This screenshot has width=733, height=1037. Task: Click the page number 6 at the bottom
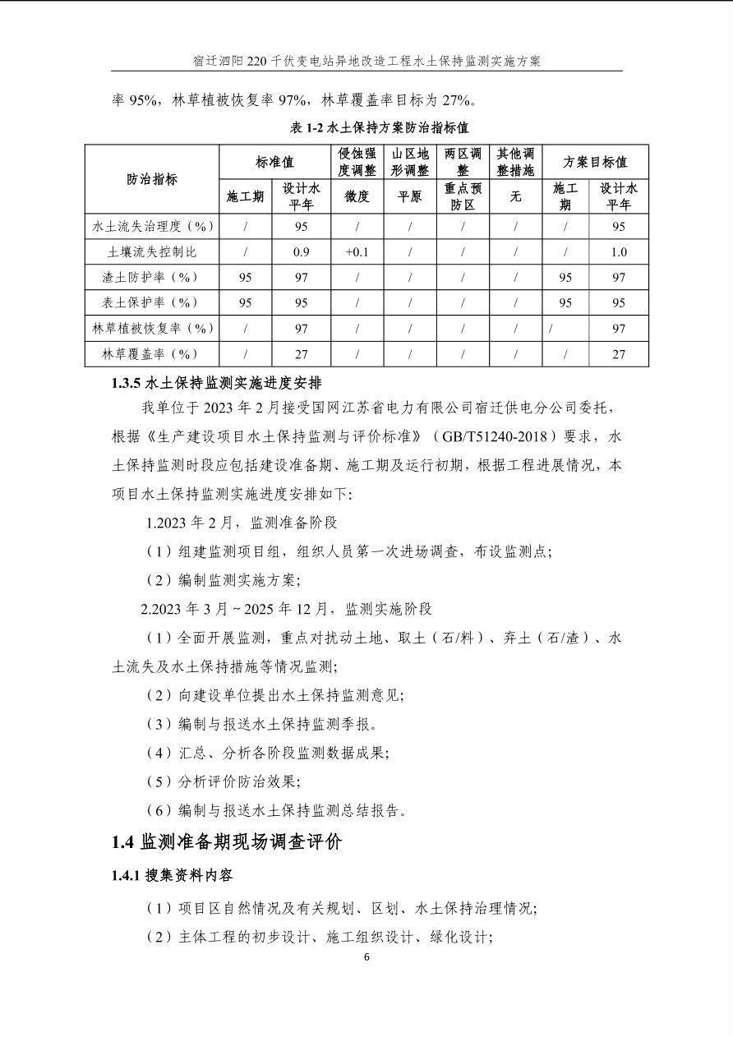pyautogui.click(x=366, y=956)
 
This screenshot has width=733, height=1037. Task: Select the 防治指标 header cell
pyautogui.click(x=151, y=178)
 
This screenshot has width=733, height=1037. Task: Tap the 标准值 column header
pyautogui.click(x=274, y=162)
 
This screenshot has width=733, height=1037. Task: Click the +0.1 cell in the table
pyautogui.click(x=357, y=252)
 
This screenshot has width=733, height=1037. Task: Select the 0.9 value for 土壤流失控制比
pyautogui.click(x=301, y=252)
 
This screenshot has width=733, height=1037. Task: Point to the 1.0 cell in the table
pyautogui.click(x=618, y=252)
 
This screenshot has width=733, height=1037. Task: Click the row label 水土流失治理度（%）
pyautogui.click(x=151, y=226)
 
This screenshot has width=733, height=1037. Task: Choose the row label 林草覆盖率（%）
pyautogui.click(x=151, y=354)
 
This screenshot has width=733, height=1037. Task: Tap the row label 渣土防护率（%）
pyautogui.click(x=151, y=277)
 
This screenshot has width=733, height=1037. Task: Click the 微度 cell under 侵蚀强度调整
pyautogui.click(x=357, y=196)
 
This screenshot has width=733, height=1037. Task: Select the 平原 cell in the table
pyautogui.click(x=409, y=196)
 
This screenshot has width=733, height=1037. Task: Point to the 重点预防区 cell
pyautogui.click(x=463, y=196)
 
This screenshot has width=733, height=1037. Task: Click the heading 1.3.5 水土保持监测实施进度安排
pyautogui.click(x=216, y=383)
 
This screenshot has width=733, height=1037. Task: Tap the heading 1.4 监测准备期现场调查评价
pyautogui.click(x=227, y=841)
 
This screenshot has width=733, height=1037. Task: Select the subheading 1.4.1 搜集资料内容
pyautogui.click(x=172, y=876)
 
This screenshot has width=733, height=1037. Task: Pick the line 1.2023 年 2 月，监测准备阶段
pyautogui.click(x=241, y=523)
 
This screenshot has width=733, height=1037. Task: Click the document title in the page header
pyautogui.click(x=366, y=61)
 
